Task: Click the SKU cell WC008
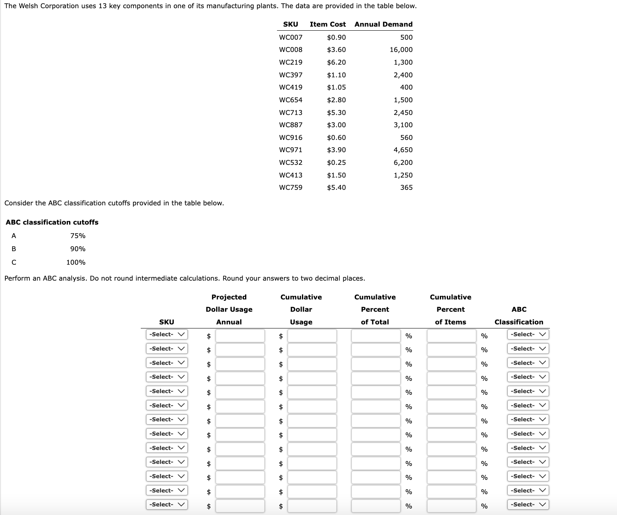coord(290,49)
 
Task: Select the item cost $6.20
coord(336,62)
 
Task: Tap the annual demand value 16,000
coord(401,49)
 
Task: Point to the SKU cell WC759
coord(290,187)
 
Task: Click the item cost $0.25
coord(336,162)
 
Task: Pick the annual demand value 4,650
coord(403,150)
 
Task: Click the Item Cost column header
coord(328,24)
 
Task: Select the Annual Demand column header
coord(383,24)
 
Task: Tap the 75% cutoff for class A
coord(78,236)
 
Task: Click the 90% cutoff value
coord(78,249)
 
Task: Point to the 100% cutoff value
coord(76,262)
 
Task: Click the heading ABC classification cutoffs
coord(52,222)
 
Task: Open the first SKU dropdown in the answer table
coord(167,335)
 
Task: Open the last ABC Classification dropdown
coord(528,505)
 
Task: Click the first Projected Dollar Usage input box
coord(240,336)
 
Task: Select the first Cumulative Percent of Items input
coord(451,336)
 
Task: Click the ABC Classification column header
coord(519,316)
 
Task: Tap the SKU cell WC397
coord(290,75)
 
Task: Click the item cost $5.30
coord(336,112)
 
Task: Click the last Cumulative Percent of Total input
coord(376,506)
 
